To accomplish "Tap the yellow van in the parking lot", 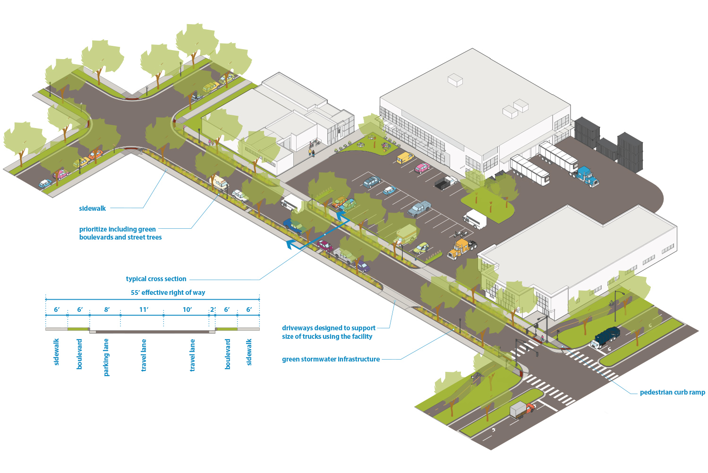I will tap(405, 158).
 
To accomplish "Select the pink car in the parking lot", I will tap(422, 168).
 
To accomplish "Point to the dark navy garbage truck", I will tap(606, 336).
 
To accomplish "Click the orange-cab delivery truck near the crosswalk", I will tap(522, 410).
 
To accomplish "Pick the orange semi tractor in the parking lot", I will tap(461, 249).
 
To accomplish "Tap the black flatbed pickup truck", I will tap(446, 182).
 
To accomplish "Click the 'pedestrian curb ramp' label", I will tap(672, 392).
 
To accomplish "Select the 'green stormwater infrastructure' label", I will tap(331, 359).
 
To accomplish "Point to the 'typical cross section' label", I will tap(156, 279).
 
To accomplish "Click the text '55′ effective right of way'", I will tap(168, 292).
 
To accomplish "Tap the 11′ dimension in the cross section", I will tap(144, 310).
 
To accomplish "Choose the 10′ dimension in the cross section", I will tap(187, 310).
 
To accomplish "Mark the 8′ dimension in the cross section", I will tap(107, 310).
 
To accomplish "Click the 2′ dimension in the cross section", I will tap(213, 310).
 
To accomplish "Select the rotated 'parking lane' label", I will tap(106, 357).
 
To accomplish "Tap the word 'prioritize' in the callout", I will tap(93, 229).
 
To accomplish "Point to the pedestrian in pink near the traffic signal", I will tap(542, 338).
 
